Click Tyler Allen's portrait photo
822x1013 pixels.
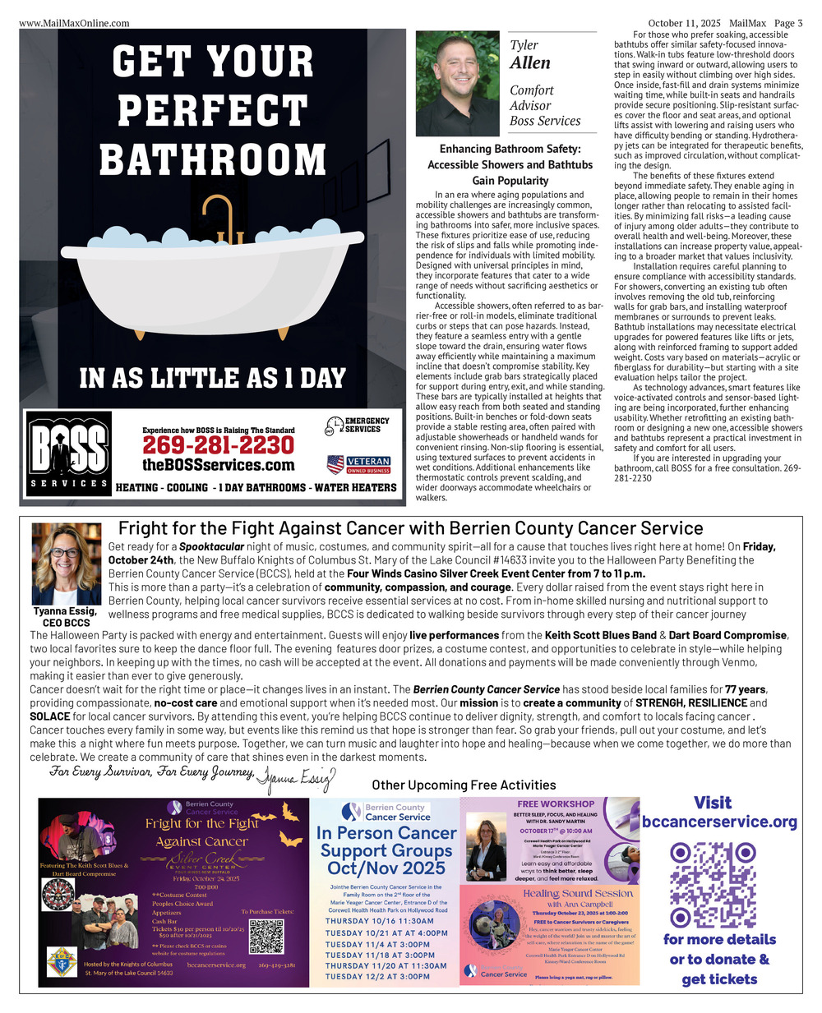coord(458,83)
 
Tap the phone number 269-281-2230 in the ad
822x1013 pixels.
coord(218,445)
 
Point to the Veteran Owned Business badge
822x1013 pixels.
coord(358,465)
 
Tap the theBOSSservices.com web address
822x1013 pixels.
coord(218,465)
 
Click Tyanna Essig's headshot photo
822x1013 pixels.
coord(66,564)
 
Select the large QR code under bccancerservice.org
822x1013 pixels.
coord(713,884)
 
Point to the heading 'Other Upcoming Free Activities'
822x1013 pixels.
coord(464,785)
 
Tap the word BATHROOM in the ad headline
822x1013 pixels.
coord(213,159)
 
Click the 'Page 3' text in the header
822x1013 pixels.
coord(788,23)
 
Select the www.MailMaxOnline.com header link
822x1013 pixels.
coord(74,23)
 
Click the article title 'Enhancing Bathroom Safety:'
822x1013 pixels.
coord(510,149)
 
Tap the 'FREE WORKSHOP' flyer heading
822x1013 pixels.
coord(556,803)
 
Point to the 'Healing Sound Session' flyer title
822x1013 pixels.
coord(578,893)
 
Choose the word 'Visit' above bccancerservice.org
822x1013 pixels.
coord(712,803)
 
